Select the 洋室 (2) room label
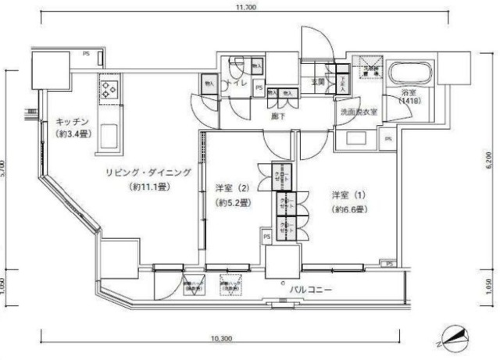click(x=233, y=188)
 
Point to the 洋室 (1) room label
click(x=344, y=195)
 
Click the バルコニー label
click(x=312, y=290)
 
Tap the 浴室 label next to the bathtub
click(x=408, y=91)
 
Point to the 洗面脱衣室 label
click(x=359, y=112)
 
